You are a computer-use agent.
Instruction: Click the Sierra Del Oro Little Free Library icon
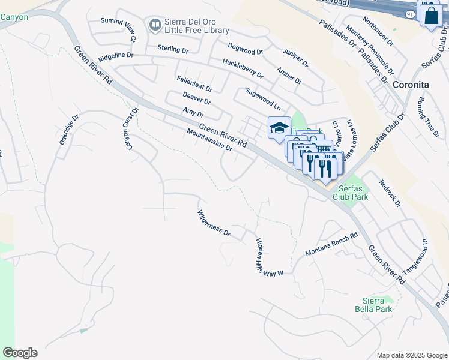(155, 25)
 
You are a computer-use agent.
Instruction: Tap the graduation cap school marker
(279, 127)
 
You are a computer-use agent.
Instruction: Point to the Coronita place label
(409, 85)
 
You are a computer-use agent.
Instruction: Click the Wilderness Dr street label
(214, 223)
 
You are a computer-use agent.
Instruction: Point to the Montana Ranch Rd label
(331, 244)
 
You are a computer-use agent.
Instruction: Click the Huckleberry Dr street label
(243, 68)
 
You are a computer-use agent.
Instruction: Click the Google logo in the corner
(20, 352)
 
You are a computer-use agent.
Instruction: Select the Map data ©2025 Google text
(411, 355)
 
